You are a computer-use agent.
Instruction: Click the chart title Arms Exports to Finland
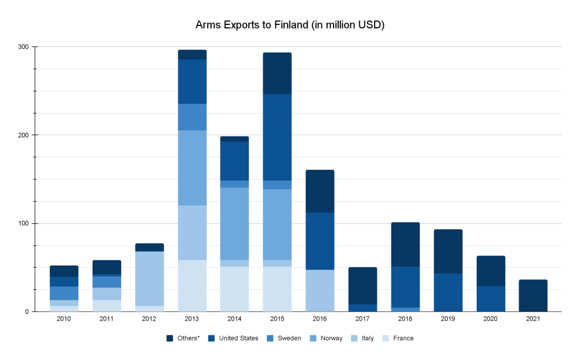(290, 25)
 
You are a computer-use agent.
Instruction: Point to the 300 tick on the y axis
(25, 46)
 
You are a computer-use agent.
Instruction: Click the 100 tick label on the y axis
(25, 223)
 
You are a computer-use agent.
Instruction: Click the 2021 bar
(532, 296)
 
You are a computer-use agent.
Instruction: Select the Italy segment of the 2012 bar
(150, 278)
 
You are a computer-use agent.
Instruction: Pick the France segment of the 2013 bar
(192, 286)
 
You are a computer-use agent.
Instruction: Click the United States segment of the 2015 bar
(277, 137)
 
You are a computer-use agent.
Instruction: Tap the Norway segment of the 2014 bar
(234, 223)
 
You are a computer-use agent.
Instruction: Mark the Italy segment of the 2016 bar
(320, 290)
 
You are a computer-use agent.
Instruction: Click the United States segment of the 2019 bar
(447, 292)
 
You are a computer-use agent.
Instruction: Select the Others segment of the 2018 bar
(405, 244)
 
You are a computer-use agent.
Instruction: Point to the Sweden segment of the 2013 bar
(192, 117)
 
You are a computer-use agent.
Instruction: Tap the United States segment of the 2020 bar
(490, 299)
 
